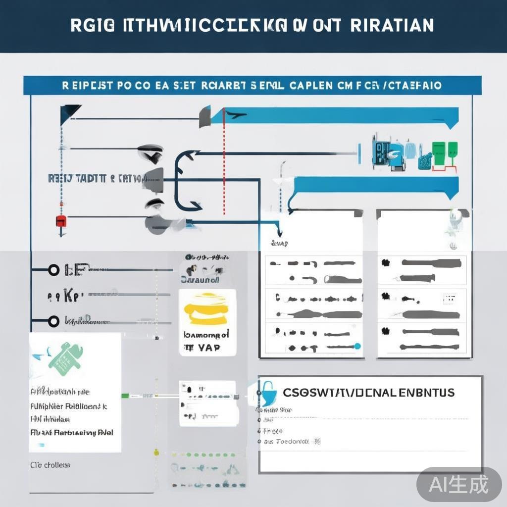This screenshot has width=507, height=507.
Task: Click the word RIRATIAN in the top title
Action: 392,25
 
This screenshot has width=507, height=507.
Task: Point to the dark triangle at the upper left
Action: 69,113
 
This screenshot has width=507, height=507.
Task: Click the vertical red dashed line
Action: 224,163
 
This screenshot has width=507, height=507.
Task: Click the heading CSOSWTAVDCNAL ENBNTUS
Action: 368,393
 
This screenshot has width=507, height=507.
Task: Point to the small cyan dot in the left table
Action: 358,346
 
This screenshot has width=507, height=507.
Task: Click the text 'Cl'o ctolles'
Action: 50,465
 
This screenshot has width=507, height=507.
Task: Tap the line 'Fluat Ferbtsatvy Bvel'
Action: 72,432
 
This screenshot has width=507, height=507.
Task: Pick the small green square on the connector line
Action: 126,396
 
